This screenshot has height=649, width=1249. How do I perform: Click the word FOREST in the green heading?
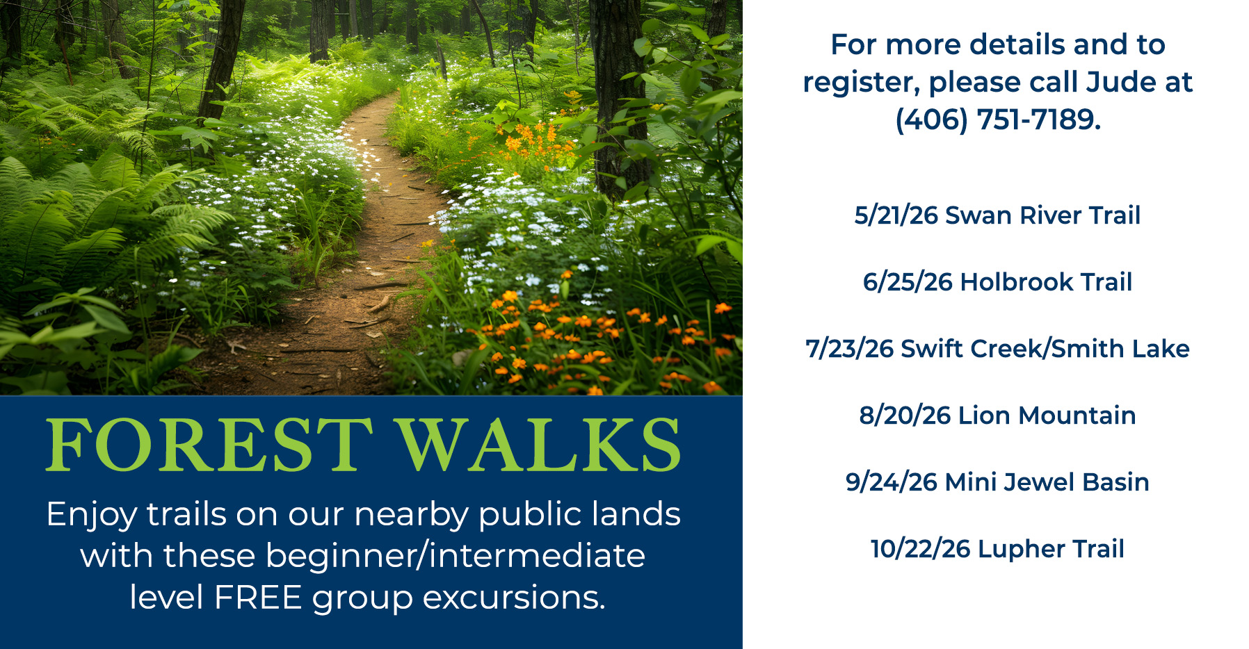209,445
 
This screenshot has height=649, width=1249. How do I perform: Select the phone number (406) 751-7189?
998,120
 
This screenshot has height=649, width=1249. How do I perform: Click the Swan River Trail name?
1042,215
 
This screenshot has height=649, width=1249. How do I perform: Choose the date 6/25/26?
908,282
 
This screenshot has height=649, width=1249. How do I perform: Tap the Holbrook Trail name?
1046,282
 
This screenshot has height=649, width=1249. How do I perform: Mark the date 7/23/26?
849,349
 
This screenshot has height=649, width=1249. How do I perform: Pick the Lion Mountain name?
1047,416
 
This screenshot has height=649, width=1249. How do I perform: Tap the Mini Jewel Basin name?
1047,482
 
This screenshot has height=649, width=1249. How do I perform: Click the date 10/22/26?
920,549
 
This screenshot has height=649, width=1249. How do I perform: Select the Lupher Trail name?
1051,549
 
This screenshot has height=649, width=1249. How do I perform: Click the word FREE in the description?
258,598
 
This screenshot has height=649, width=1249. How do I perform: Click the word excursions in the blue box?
514,598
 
